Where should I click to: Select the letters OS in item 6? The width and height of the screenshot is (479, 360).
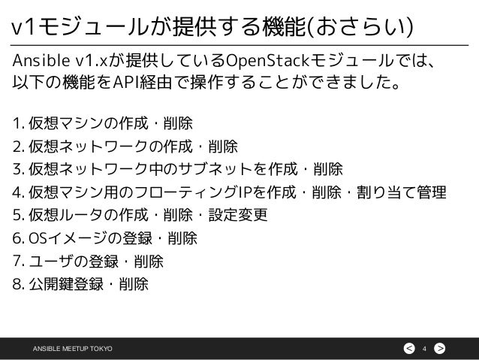(x=39, y=239)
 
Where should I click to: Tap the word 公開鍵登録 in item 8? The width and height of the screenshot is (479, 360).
(x=64, y=286)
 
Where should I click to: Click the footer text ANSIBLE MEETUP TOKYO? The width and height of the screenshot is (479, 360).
(x=71, y=347)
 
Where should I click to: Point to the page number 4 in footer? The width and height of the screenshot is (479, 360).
(x=424, y=347)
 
